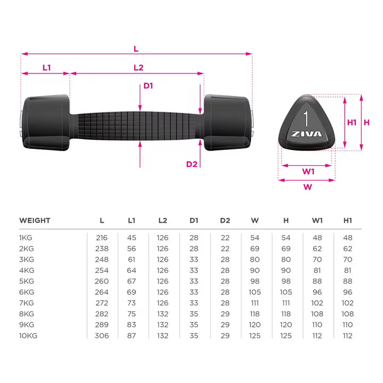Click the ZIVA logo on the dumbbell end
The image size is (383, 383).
(307, 134)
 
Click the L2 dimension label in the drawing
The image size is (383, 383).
(138, 68)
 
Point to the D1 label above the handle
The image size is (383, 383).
(148, 86)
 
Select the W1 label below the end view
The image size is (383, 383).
(309, 171)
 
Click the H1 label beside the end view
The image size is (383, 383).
(352, 122)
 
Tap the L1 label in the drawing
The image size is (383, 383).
(47, 68)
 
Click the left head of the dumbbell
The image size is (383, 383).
(46, 121)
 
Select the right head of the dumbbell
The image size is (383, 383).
(227, 121)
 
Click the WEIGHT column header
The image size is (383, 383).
(35, 220)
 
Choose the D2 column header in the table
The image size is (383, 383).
(225, 220)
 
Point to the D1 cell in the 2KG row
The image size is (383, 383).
(194, 247)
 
